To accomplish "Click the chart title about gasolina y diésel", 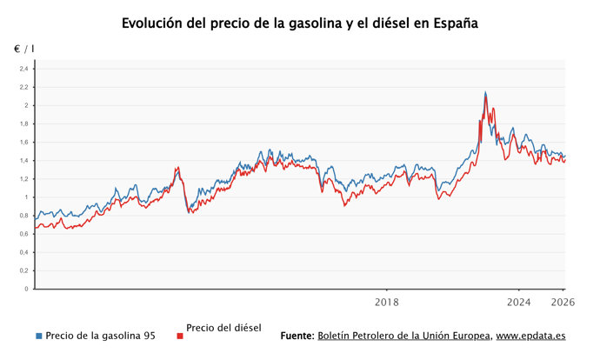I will pyautogui.click(x=300, y=23).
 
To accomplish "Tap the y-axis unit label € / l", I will pyautogui.click(x=24, y=49).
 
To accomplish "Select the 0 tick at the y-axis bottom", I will pyautogui.click(x=26, y=289).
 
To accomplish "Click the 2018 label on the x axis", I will pyautogui.click(x=387, y=303).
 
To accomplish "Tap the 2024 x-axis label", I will pyautogui.click(x=519, y=303).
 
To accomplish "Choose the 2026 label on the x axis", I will pyautogui.click(x=563, y=303).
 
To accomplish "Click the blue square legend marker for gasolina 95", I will pyautogui.click(x=38, y=336).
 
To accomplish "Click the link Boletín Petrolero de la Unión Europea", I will pyautogui.click(x=404, y=336).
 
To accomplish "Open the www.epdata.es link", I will pyautogui.click(x=531, y=336).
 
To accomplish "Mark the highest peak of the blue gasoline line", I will pyautogui.click(x=485, y=92).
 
